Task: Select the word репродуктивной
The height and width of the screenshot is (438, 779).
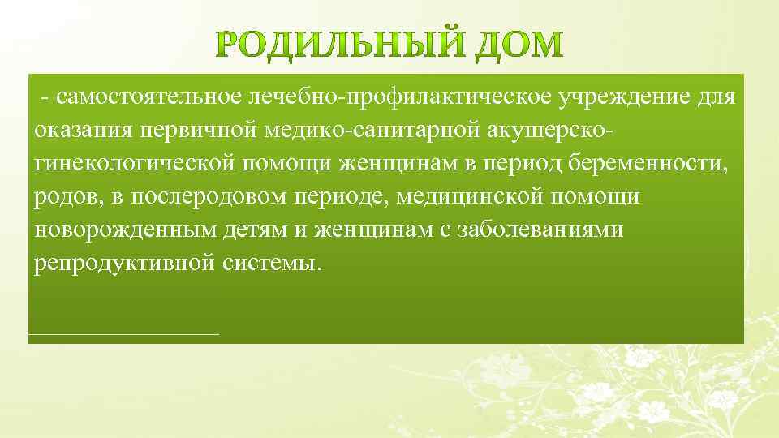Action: click(x=125, y=264)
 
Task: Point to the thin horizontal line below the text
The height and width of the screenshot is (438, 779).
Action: click(x=123, y=333)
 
